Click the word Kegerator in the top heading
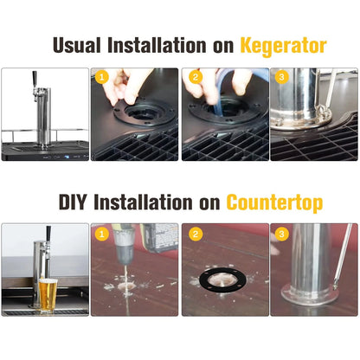(283, 47)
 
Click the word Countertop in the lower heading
(274, 202)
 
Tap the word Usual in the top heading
(77, 45)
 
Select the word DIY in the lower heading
(73, 202)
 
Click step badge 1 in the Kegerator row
(102, 77)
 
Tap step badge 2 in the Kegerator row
(196, 77)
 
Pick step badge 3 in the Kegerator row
(282, 77)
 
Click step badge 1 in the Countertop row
(102, 234)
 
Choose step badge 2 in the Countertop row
(196, 234)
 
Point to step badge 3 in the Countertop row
(282, 234)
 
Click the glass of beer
(48, 295)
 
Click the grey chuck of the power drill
(124, 245)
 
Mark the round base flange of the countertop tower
(311, 297)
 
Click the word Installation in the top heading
(157, 45)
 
